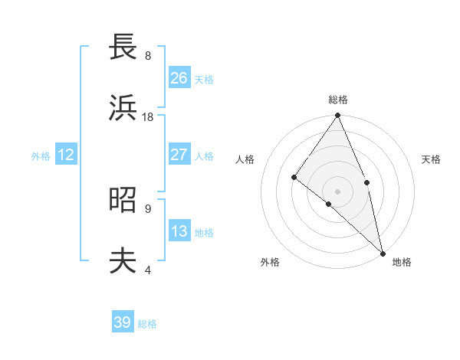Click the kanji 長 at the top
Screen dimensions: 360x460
(x=123, y=47)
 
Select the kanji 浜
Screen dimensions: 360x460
(x=123, y=108)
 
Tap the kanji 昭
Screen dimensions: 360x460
(x=123, y=199)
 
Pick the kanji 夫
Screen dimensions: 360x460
(x=123, y=261)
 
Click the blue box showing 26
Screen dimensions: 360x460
(x=179, y=78)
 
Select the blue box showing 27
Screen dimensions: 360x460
(x=179, y=155)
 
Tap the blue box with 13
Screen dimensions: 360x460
(x=179, y=231)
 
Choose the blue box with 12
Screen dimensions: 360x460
(x=66, y=155)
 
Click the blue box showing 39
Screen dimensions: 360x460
(x=123, y=322)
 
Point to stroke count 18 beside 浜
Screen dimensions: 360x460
(x=148, y=117)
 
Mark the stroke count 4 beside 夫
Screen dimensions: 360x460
(x=148, y=270)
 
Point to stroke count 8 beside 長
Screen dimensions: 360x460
(x=148, y=56)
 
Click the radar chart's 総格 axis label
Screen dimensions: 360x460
(x=338, y=100)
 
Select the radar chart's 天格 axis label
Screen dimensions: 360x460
(x=432, y=159)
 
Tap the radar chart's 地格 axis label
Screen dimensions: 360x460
(x=402, y=262)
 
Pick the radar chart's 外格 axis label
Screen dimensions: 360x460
(x=270, y=262)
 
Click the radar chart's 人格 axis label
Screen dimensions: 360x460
(x=245, y=159)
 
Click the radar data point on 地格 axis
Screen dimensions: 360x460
(x=383, y=252)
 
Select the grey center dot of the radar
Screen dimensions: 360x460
(x=338, y=191)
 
